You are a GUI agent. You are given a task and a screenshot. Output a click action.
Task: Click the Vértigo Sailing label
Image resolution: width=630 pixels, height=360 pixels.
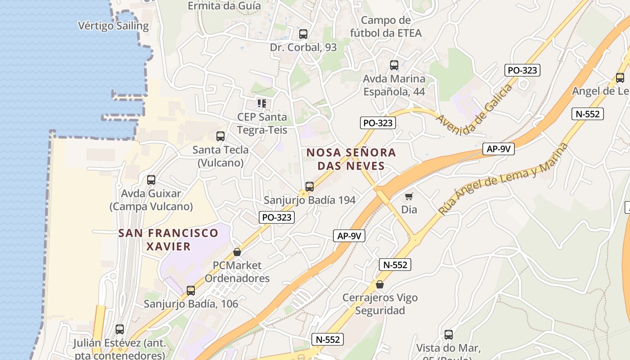coord(113,26)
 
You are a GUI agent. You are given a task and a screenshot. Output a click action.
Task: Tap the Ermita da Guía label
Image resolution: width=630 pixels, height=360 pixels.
coord(224,6)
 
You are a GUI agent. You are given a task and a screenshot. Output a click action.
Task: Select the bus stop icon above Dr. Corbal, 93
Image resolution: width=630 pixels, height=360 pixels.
coord(303,34)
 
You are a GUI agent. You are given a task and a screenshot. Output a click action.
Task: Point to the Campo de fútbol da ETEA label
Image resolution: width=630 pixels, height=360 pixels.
coord(386,27)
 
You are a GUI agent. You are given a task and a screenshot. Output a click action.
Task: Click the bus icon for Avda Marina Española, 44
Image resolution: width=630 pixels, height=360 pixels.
coord(394,65)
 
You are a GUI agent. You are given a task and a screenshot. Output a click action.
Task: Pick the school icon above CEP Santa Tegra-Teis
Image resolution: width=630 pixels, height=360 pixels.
coord(262,103)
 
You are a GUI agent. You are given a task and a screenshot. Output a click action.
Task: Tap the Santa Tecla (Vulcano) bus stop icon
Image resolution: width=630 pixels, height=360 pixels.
coord(220,136)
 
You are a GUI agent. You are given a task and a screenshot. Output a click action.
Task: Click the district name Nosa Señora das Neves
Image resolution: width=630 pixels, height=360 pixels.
coord(351,159)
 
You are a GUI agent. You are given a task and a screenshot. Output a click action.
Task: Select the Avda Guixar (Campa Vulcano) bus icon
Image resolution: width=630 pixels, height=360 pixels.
coord(151,180)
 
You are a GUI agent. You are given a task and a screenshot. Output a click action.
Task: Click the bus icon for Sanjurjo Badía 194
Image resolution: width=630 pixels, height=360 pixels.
coord(310,186)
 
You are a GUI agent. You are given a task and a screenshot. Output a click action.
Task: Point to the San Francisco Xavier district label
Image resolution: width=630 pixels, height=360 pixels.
coord(168,239)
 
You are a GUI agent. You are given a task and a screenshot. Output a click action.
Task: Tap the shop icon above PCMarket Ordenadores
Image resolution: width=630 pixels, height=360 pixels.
coord(237,252)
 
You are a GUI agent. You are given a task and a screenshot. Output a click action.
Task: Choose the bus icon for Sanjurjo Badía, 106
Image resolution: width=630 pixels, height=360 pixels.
coord(191,291)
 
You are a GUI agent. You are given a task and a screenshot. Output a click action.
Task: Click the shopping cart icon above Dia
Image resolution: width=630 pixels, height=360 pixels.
coord(409,196)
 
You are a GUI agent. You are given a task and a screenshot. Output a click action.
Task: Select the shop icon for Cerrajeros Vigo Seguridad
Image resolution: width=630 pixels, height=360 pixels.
coord(380,284)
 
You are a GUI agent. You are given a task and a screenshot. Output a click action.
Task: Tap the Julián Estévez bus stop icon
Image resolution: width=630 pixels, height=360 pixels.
coord(120,329)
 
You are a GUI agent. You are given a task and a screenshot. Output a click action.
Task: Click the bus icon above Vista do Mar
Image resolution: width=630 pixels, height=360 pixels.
coord(449,335)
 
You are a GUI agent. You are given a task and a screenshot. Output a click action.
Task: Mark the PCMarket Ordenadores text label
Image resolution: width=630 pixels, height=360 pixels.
coord(237,272)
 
